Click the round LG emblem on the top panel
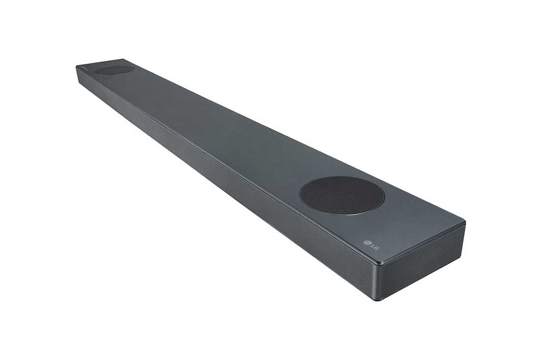point(367,243)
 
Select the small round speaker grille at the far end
point(114,70)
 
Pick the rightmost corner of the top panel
point(464,223)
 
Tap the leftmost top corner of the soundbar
point(77,66)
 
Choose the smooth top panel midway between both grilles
point(222,128)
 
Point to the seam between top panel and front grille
point(222,159)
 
